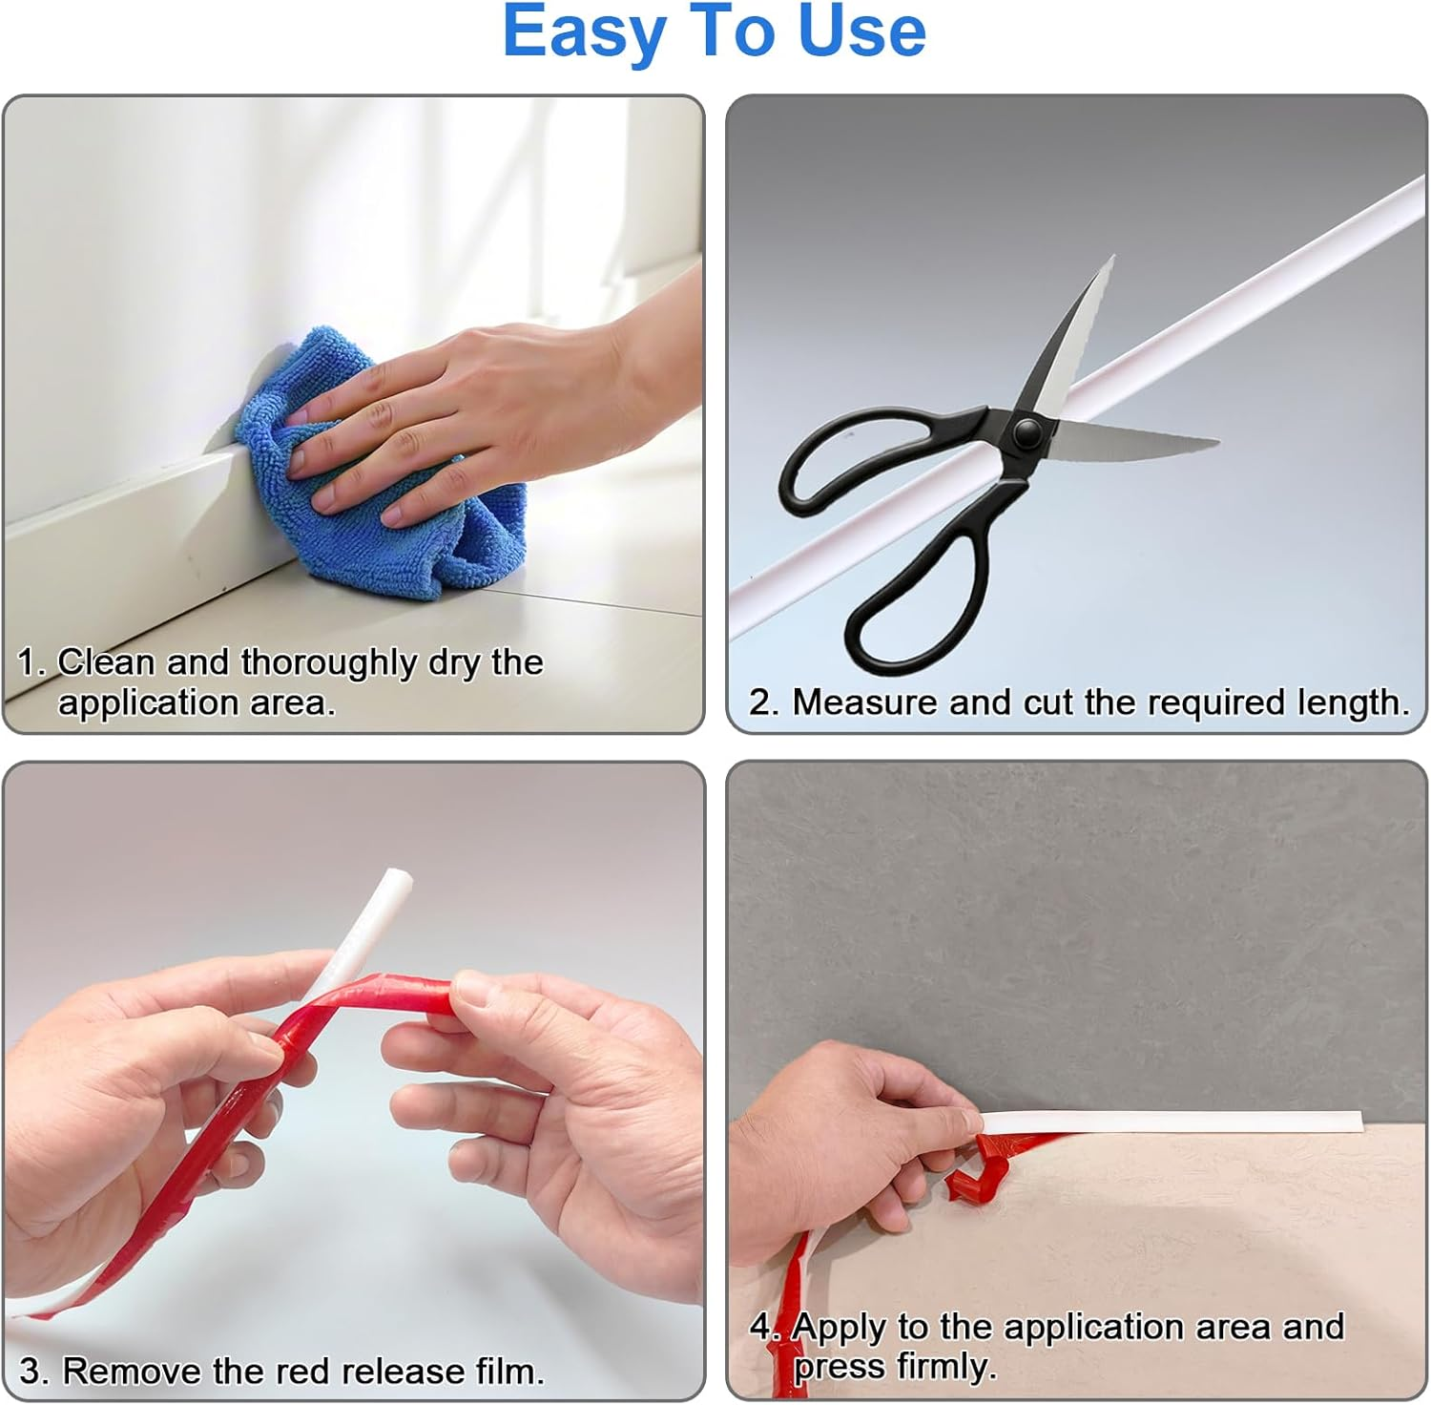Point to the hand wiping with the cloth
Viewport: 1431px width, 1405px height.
(x=477, y=401)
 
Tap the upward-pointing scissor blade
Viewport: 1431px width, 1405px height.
(x=1078, y=334)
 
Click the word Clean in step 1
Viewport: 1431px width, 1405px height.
(x=105, y=661)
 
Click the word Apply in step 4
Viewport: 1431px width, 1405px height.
(x=840, y=1328)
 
